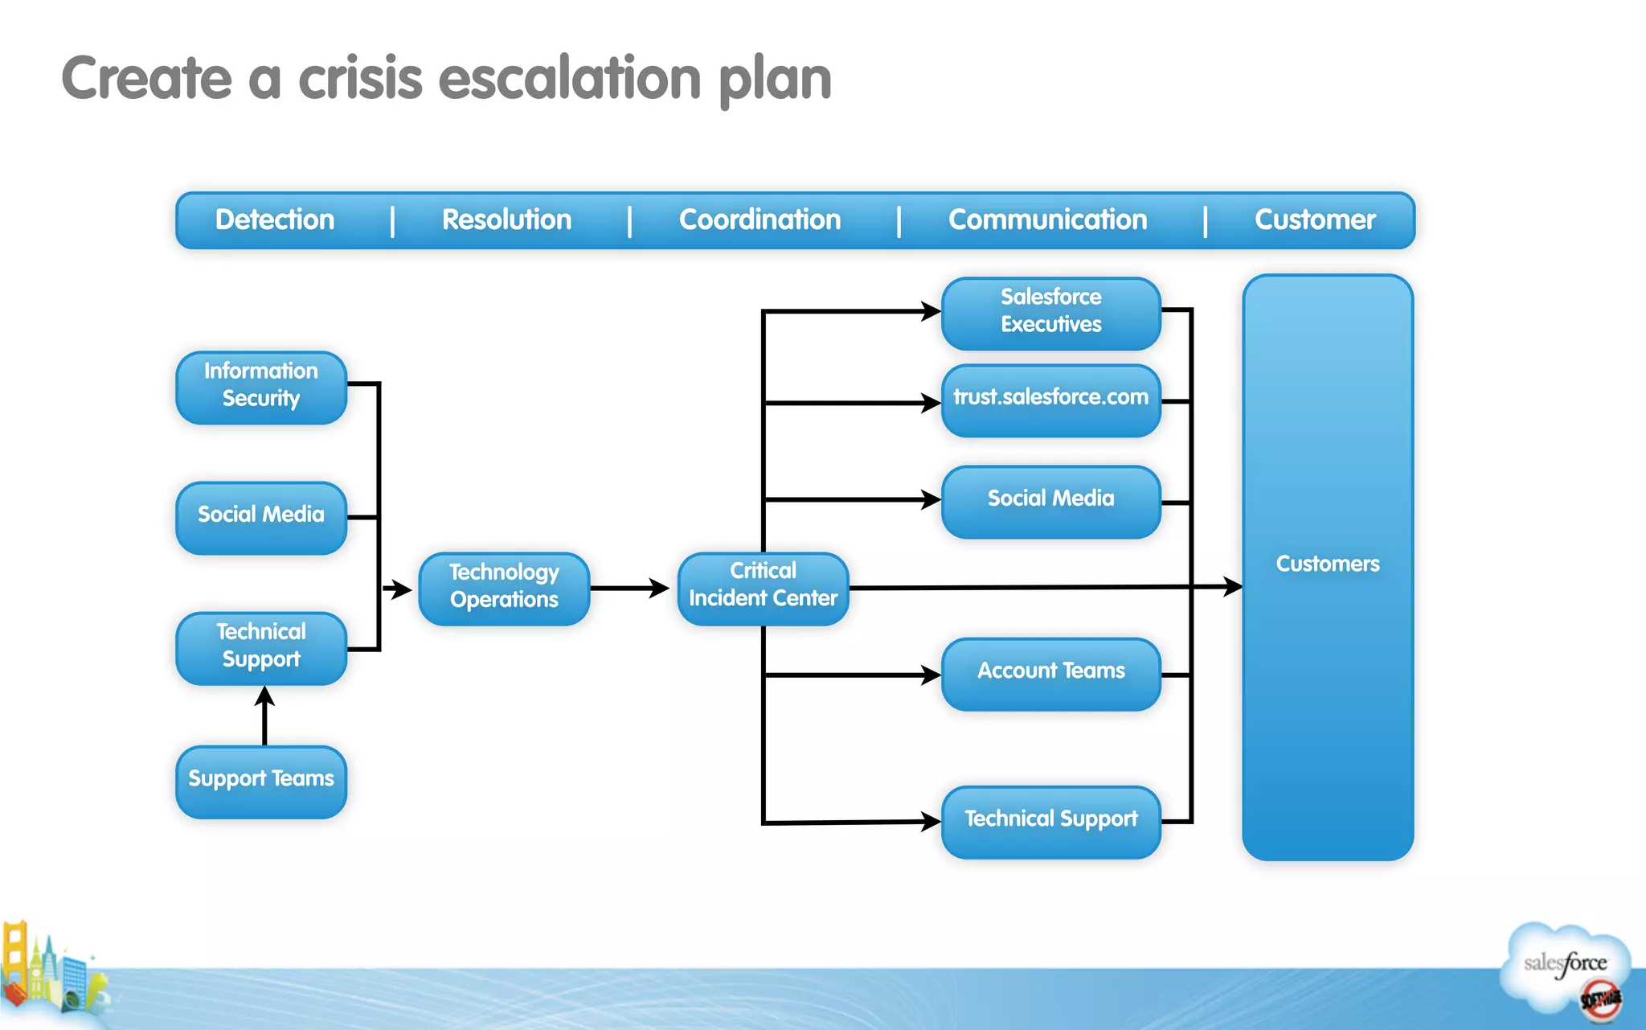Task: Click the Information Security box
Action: pyautogui.click(x=261, y=387)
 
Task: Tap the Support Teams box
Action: pyautogui.click(x=261, y=781)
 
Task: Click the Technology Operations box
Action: pyautogui.click(x=504, y=588)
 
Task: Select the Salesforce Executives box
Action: pyautogui.click(x=1050, y=313)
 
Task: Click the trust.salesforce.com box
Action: pyautogui.click(x=1050, y=400)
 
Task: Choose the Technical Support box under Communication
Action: pyautogui.click(x=1050, y=821)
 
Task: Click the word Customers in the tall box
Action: pyautogui.click(x=1327, y=564)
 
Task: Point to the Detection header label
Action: pyautogui.click(x=275, y=220)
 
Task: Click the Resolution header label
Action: pyautogui.click(x=506, y=220)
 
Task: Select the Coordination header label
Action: pyautogui.click(x=760, y=220)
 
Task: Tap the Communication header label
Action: pyautogui.click(x=1047, y=220)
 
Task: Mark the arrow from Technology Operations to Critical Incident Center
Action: pyautogui.click(x=631, y=588)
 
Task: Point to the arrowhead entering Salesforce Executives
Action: pyautogui.click(x=929, y=310)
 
